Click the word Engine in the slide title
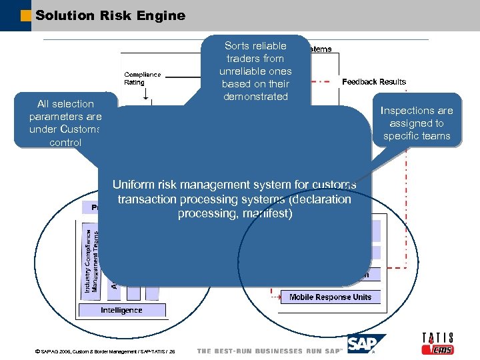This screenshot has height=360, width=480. click(x=162, y=15)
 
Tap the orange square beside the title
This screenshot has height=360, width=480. click(x=26, y=15)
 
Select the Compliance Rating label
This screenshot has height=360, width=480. click(x=142, y=78)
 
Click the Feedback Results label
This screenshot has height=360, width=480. click(x=373, y=81)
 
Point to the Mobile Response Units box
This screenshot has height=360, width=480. click(x=330, y=297)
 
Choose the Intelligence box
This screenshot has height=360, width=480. click(x=121, y=310)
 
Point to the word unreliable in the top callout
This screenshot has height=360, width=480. click(x=255, y=71)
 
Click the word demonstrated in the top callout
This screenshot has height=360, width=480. click(x=255, y=97)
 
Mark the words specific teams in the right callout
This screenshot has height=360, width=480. click(x=417, y=136)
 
